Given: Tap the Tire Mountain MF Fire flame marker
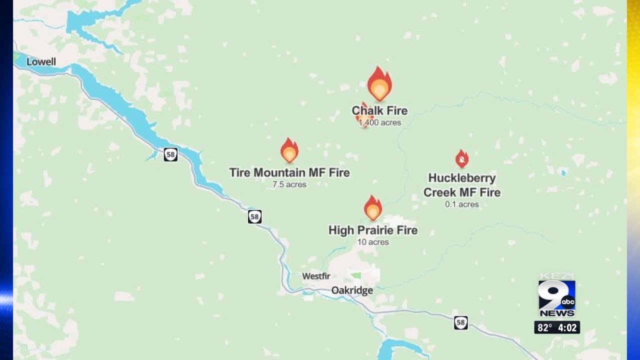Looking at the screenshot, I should pyautogui.click(x=289, y=150).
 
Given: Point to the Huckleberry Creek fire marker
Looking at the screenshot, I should pyautogui.click(x=462, y=159).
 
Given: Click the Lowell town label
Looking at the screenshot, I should pyautogui.click(x=41, y=62).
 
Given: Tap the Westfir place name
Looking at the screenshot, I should pyautogui.click(x=316, y=276).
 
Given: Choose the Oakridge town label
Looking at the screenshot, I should pyautogui.click(x=352, y=290).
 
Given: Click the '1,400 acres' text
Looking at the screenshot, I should pyautogui.click(x=379, y=122).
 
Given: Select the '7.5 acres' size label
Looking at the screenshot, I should pyautogui.click(x=289, y=184).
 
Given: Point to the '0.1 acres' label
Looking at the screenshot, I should pyautogui.click(x=462, y=204).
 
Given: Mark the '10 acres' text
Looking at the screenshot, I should pyautogui.click(x=373, y=242).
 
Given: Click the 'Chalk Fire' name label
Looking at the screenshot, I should pyautogui.click(x=379, y=110).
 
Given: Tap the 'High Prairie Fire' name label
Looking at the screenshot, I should pyautogui.click(x=373, y=230).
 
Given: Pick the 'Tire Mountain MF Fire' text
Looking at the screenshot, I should pyautogui.click(x=289, y=173).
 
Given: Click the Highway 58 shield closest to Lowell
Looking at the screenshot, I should pyautogui.click(x=170, y=154).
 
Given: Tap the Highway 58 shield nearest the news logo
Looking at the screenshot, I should pyautogui.click(x=460, y=322).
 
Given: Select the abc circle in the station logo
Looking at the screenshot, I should pyautogui.click(x=567, y=302).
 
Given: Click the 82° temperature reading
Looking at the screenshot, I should pyautogui.click(x=544, y=328).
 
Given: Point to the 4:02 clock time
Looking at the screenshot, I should pyautogui.click(x=567, y=328).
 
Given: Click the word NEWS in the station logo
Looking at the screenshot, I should pyautogui.click(x=556, y=313).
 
